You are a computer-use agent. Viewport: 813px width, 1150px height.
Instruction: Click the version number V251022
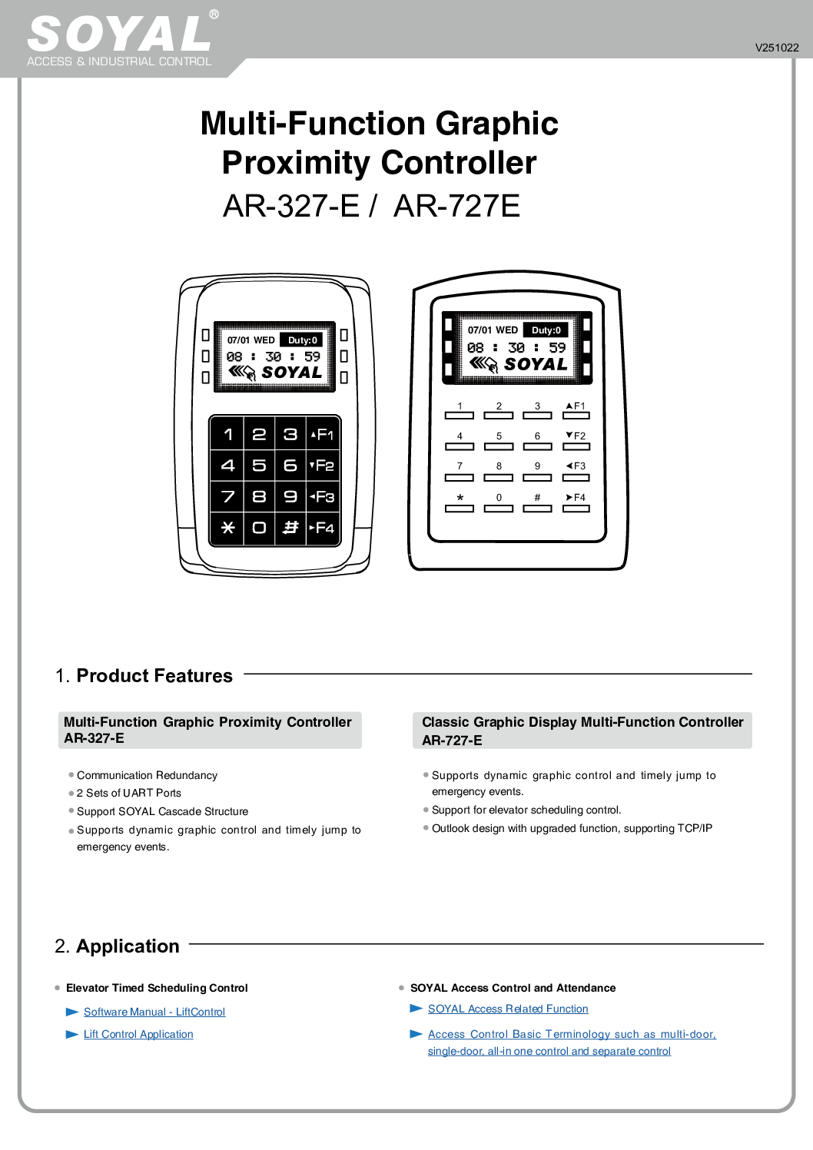pos(776,48)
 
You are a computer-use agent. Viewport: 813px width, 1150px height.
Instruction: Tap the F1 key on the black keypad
pos(323,435)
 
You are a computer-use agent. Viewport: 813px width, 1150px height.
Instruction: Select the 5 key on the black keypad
pos(259,466)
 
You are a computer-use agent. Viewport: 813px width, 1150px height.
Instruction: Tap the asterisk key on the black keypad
pos(227,528)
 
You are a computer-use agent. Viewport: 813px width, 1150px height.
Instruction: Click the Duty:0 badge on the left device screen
pos(303,340)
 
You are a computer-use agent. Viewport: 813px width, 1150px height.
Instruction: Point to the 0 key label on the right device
pos(499,498)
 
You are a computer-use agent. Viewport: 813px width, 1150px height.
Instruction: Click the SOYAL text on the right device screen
pos(536,364)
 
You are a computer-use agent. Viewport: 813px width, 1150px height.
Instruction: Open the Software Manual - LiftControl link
pos(154,1012)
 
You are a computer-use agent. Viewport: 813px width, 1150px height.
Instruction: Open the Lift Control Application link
pos(138,1035)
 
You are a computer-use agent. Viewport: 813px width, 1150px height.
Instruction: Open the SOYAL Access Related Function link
pos(508,1009)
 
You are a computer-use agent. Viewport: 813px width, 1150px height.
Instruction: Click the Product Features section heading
pos(154,676)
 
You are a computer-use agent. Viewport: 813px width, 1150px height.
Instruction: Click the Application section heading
pos(128,946)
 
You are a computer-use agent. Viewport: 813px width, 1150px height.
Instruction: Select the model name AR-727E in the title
pos(456,206)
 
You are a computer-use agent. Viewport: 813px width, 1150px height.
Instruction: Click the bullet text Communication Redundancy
pos(147,776)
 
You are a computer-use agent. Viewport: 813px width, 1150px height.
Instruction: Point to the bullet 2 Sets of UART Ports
pos(129,794)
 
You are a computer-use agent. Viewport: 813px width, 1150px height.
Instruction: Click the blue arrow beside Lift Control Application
pos(72,1035)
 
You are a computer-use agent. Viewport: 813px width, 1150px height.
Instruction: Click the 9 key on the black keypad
pos(290,497)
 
